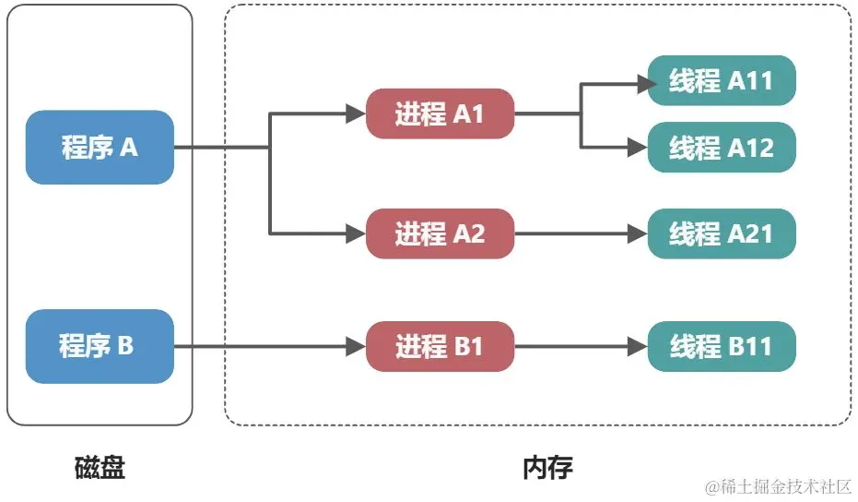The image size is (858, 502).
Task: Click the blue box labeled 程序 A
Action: (x=100, y=147)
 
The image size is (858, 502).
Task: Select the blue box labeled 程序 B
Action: (x=100, y=346)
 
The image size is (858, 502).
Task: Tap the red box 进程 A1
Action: (x=440, y=114)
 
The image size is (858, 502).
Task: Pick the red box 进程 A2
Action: (x=440, y=233)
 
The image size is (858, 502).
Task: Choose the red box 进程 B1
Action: (x=440, y=346)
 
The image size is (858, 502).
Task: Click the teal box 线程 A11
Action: (x=722, y=80)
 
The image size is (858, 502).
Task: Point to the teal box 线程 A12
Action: (x=722, y=147)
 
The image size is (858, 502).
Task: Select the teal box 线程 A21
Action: (x=722, y=233)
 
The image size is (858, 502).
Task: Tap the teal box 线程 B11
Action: (x=722, y=346)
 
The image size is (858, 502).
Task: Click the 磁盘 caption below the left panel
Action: (x=100, y=468)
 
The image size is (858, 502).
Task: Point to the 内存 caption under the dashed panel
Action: (x=547, y=468)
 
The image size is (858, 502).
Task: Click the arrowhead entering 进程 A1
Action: (x=357, y=114)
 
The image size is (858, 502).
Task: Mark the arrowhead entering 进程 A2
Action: (x=357, y=233)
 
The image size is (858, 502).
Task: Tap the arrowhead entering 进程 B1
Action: (x=357, y=346)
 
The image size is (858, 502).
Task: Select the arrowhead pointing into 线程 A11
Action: (x=647, y=84)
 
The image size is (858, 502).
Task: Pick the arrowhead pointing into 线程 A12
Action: (x=638, y=147)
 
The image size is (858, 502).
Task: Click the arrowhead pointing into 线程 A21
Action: (x=638, y=233)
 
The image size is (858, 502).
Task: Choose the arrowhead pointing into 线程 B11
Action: (x=638, y=346)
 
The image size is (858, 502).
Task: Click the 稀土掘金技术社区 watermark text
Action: (x=786, y=486)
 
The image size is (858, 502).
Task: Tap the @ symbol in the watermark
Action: (x=712, y=486)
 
